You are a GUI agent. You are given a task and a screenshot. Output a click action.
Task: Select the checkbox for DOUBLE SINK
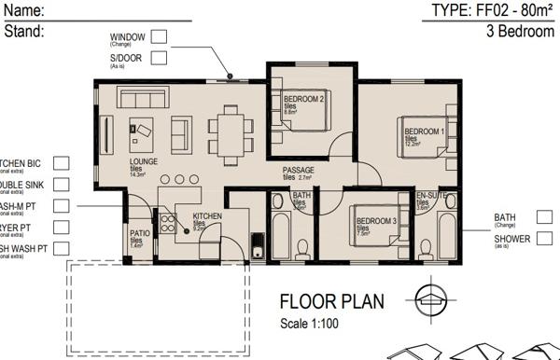[62, 185]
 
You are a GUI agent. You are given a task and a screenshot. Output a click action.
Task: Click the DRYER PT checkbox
[62, 227]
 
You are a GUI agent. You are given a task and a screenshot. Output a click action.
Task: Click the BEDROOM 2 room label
[303, 100]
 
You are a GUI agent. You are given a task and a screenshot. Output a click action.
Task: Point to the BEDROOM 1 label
[422, 132]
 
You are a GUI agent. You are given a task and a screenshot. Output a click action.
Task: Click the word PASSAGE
[299, 170]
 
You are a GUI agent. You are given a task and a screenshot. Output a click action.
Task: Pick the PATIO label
[140, 234]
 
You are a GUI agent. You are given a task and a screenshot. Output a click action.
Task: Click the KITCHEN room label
[207, 216]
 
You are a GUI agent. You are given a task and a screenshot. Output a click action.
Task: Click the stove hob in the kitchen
[169, 224]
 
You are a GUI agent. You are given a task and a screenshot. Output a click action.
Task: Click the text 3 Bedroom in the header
[520, 31]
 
